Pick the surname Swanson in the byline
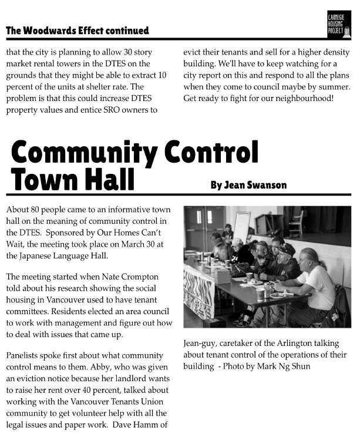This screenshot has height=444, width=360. (x=265, y=185)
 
